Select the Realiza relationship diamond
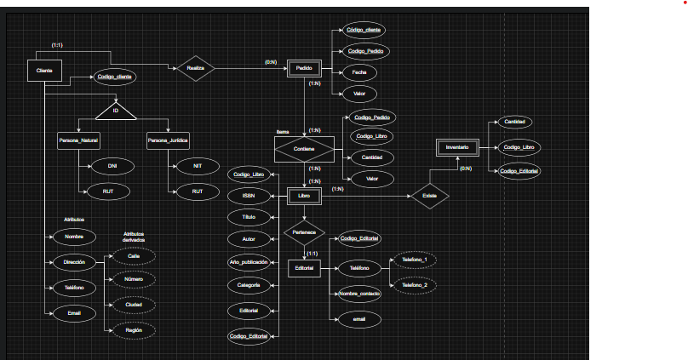[195, 69]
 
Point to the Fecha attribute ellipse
[359, 72]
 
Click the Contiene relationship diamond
[303, 150]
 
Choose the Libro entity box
[304, 196]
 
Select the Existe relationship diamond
[429, 197]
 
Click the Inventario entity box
[457, 147]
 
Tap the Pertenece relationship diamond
[304, 231]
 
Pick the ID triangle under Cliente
[116, 111]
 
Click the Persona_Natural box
[78, 141]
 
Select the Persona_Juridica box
[168, 141]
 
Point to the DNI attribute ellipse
[112, 165]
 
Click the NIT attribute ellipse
[198, 165]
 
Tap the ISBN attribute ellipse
[249, 196]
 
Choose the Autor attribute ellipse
[249, 240]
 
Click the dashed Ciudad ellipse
[134, 303]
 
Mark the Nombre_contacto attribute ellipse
[359, 293]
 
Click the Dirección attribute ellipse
[74, 262]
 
